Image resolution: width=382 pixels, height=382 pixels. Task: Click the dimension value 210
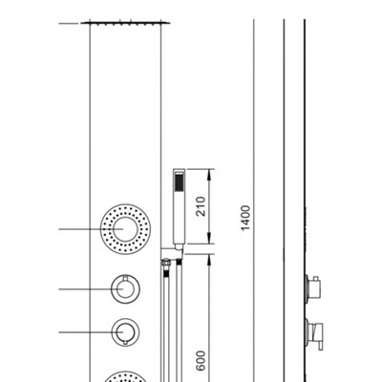tap(201, 206)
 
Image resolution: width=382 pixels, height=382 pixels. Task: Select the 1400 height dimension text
tap(245, 218)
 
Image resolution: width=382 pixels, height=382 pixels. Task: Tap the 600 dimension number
tap(201, 361)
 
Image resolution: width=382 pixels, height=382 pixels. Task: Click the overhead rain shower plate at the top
tap(125, 23)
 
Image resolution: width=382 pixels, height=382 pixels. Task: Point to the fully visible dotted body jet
tap(125, 229)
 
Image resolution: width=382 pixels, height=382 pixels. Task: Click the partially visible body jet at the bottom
tap(125, 376)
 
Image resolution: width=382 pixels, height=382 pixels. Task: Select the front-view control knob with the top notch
tap(125, 288)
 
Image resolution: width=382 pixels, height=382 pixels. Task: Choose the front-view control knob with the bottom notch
tap(125, 331)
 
